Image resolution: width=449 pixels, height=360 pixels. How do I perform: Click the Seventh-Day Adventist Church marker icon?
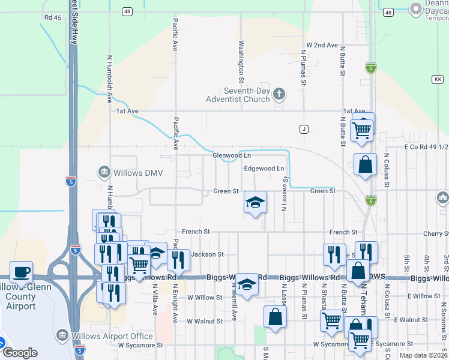tap(279, 94)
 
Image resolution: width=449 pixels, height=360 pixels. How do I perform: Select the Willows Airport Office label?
tap(112, 335)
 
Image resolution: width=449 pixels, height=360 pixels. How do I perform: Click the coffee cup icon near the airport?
tap(21, 272)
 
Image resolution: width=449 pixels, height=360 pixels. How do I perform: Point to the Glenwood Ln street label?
tap(231, 155)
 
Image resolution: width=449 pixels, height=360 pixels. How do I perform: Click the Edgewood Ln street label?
tap(264, 169)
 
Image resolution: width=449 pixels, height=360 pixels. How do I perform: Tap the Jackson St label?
tap(207, 254)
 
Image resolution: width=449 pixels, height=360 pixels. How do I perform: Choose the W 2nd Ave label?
tap(322, 45)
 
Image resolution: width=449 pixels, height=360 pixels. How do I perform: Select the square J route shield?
tap(304, 129)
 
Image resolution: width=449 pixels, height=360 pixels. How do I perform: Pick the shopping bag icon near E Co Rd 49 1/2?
tap(365, 164)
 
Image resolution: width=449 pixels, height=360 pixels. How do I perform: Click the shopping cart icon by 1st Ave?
tap(362, 129)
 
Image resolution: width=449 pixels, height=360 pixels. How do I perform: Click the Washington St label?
tap(241, 61)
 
